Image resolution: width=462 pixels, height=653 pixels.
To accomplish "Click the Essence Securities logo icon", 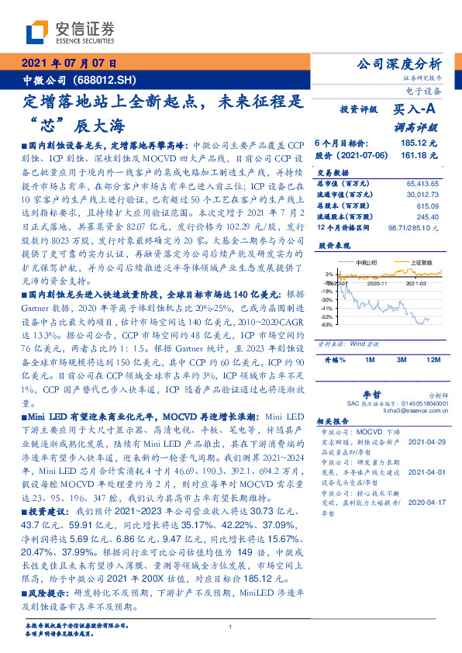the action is point(39,31).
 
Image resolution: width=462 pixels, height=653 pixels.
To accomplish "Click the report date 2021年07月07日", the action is point(69,64).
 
